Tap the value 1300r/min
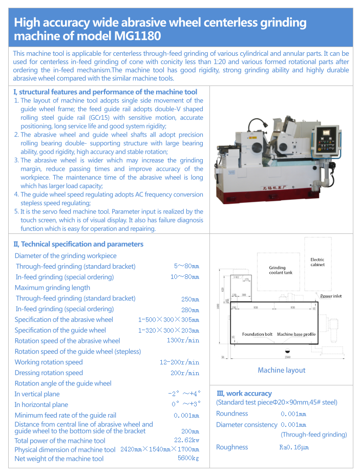[x=183, y=341]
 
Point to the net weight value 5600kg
[x=188, y=458]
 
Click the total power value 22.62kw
[x=186, y=440]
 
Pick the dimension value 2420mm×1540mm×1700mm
[x=159, y=449]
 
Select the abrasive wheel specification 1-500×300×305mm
[x=168, y=319]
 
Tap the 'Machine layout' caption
[x=281, y=370]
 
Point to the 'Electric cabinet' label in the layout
[x=317, y=262]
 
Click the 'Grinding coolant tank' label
[x=281, y=270]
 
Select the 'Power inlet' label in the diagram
[x=331, y=296]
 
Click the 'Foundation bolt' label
[x=257, y=334]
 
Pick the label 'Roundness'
[x=232, y=414]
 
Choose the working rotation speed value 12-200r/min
[x=179, y=362]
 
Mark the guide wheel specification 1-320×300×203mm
[x=168, y=330]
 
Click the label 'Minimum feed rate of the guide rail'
[x=65, y=415]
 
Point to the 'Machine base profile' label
[x=297, y=334]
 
